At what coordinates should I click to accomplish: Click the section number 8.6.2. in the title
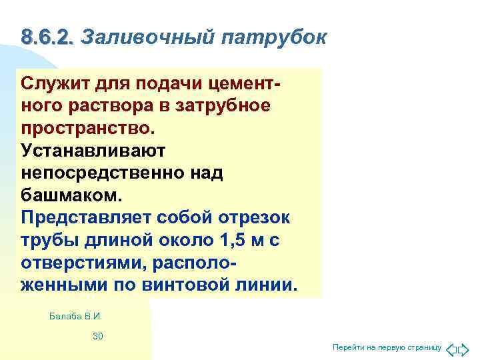[47, 37]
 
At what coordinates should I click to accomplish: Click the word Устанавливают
[88, 151]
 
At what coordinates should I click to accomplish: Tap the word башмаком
[72, 195]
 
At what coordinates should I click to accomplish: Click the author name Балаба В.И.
[75, 315]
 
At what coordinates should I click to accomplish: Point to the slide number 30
[97, 336]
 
